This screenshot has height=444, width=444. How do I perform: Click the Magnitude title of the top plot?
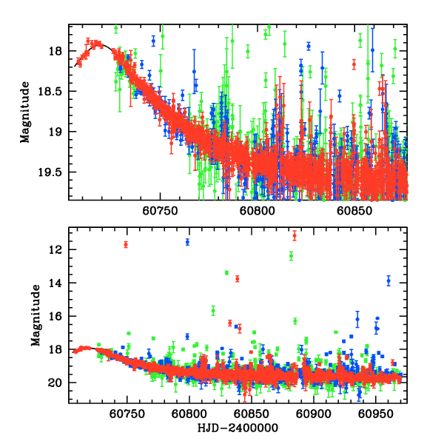[x=25, y=112]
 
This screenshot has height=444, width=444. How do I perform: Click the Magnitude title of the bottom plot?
[x=36, y=316]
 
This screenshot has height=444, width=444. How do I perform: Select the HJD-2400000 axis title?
[x=238, y=428]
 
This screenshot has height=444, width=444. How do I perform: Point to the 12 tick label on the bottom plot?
[x=55, y=250]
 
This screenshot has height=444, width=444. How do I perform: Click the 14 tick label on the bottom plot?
[x=55, y=283]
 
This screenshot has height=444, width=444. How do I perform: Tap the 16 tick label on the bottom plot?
[x=55, y=317]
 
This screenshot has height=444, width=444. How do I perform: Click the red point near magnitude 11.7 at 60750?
[x=126, y=245]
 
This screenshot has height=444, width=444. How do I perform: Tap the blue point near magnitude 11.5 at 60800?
[x=188, y=242]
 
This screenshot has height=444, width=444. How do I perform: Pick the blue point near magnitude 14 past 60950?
[x=388, y=280]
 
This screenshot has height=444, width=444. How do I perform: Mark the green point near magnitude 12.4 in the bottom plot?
[x=292, y=256]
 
